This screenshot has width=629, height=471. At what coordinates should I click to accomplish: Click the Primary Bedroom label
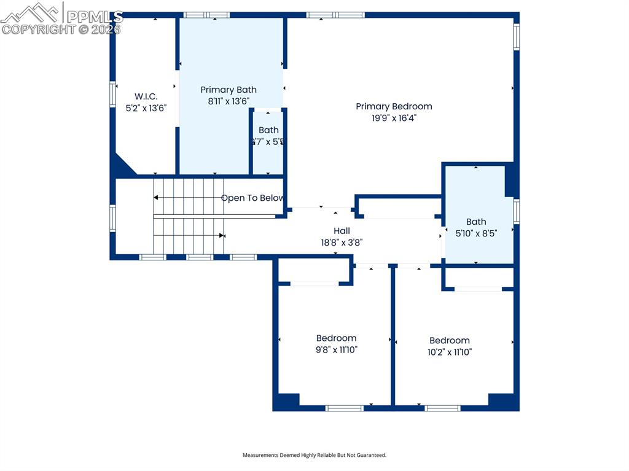pyautogui.click(x=394, y=106)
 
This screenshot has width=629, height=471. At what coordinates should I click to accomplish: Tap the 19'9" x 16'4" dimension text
pyautogui.click(x=394, y=118)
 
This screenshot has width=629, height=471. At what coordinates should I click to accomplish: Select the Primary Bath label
pyautogui.click(x=229, y=90)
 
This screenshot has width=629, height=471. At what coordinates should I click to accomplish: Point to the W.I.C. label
pyautogui.click(x=146, y=96)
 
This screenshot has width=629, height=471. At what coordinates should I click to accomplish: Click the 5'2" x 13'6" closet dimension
pyautogui.click(x=146, y=108)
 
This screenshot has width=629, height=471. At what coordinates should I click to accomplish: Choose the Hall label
pyautogui.click(x=342, y=230)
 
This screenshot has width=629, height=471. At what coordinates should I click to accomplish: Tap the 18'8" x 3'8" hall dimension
pyautogui.click(x=342, y=242)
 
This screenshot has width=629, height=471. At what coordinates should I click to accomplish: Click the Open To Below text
pyautogui.click(x=252, y=198)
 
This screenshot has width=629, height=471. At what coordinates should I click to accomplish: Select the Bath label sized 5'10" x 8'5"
pyautogui.click(x=476, y=222)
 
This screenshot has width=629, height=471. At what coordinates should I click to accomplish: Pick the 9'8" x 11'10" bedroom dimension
pyautogui.click(x=336, y=350)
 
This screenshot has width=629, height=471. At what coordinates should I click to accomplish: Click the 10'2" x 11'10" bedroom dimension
pyautogui.click(x=450, y=352)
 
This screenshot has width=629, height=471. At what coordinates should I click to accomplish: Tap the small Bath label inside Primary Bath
pyautogui.click(x=268, y=130)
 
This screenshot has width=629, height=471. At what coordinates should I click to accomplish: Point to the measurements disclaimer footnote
pyautogui.click(x=314, y=455)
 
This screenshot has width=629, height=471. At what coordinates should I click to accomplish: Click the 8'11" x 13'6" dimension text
pyautogui.click(x=229, y=101)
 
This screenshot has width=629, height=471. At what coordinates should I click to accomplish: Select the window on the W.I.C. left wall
pyautogui.click(x=113, y=95)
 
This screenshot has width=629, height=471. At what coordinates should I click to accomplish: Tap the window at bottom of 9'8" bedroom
pyautogui.click(x=344, y=408)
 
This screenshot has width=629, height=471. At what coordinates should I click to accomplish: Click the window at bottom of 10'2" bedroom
pyautogui.click(x=442, y=408)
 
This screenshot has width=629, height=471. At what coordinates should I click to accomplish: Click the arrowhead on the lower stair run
pyautogui.click(x=222, y=235)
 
